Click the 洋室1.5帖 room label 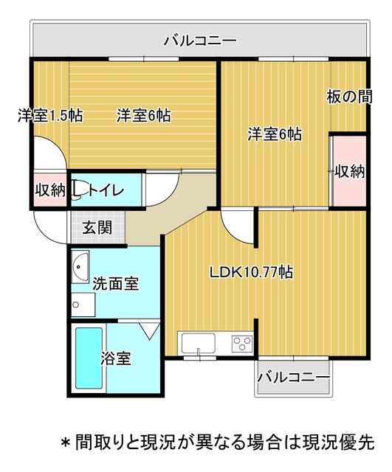click(50, 116)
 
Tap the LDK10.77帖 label click(251, 272)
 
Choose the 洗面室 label click(115, 283)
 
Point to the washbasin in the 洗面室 click(80, 264)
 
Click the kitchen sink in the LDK click(197, 343)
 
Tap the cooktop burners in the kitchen click(241, 343)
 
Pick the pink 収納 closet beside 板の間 click(349, 171)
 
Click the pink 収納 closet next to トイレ click(50, 191)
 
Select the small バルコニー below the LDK click(293, 378)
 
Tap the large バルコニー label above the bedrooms click(200, 40)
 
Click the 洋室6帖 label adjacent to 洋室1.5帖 click(143, 116)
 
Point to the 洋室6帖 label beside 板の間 click(274, 134)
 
